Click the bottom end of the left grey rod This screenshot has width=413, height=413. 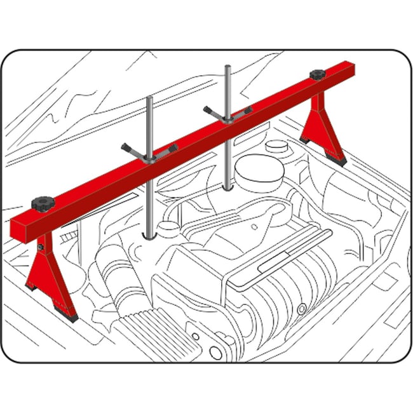pyautogui.click(x=149, y=236)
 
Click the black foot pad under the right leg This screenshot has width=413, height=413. pyautogui.click(x=336, y=160)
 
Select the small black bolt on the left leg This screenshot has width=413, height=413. pyautogui.click(x=39, y=247)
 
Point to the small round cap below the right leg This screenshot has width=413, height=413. pyautogui.click(x=276, y=146)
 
